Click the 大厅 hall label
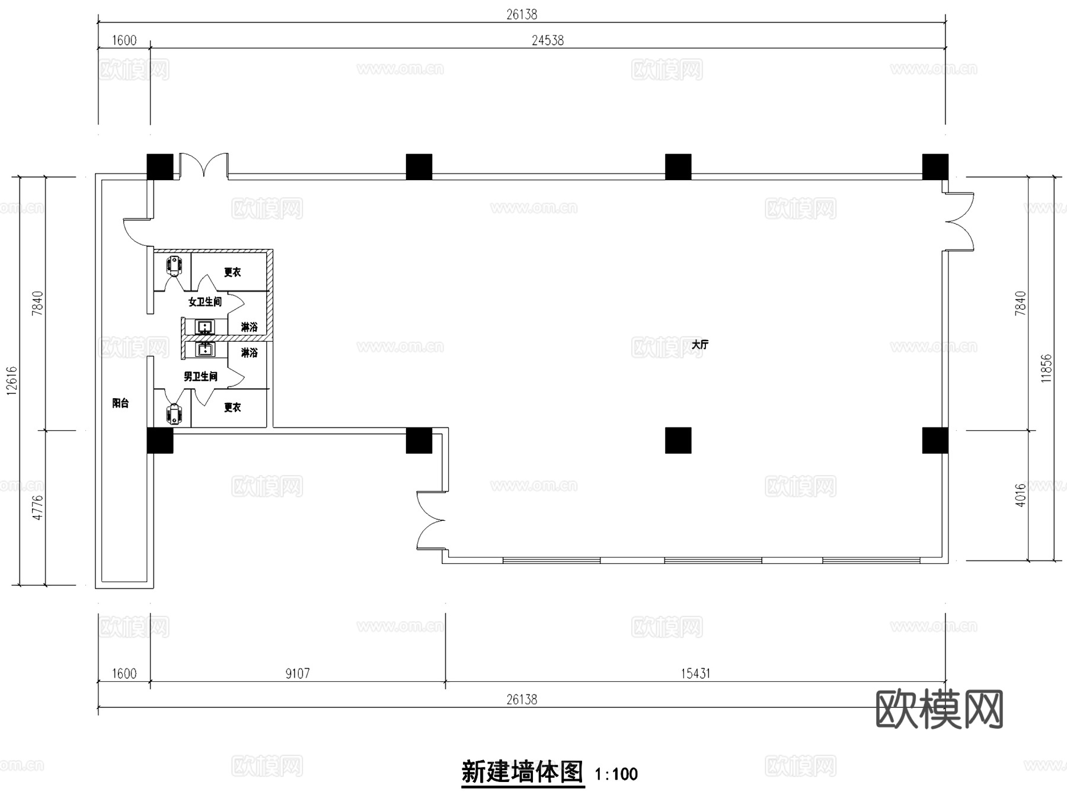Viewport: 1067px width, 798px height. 699,344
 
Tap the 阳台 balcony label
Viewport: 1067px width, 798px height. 120,403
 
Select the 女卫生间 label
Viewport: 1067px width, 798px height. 205,302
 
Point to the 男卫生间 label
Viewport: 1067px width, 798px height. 200,377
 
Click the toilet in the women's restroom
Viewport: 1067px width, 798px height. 174,265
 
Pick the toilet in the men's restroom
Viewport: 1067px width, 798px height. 174,414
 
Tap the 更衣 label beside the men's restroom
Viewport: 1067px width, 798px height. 232,408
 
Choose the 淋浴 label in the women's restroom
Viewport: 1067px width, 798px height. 250,327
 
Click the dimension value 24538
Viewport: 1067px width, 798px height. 547,40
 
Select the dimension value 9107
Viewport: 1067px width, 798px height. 298,674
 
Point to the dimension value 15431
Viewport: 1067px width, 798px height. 695,674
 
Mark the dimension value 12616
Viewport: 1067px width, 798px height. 12,380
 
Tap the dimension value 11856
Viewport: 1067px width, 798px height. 1046,368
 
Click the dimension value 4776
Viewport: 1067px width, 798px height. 38,508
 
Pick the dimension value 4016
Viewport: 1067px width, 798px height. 1020,495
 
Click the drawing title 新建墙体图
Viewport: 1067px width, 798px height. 522,773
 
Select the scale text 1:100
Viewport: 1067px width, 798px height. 616,774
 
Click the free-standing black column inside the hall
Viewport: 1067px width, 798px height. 678,440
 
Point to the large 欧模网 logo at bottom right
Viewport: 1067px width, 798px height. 939,709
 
